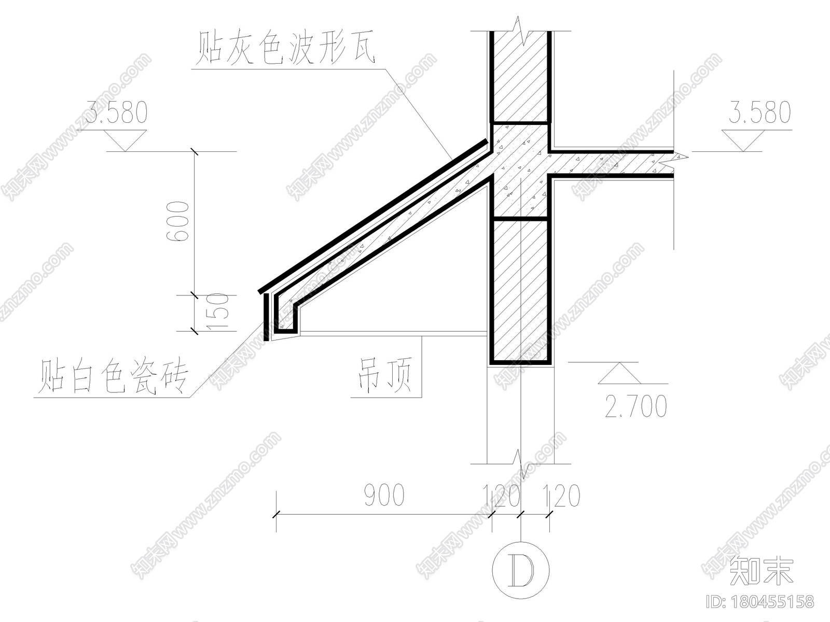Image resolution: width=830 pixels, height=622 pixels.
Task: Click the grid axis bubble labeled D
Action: click(x=521, y=570)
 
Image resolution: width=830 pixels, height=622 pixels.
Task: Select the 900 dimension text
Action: click(x=384, y=496)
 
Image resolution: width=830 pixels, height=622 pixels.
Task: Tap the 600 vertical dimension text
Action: click(x=177, y=221)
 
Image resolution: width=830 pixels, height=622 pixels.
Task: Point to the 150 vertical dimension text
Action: click(x=218, y=312)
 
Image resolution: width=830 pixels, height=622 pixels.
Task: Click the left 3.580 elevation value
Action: click(x=116, y=112)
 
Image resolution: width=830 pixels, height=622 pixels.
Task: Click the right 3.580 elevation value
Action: click(x=759, y=112)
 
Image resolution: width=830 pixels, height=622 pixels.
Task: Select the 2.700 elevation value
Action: click(x=636, y=406)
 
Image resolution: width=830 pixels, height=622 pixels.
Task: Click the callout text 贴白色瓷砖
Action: click(x=113, y=376)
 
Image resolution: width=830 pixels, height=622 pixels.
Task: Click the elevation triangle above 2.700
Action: click(x=619, y=373)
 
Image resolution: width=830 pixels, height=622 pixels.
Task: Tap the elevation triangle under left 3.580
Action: click(x=125, y=140)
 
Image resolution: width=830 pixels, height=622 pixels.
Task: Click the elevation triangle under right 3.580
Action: click(x=743, y=140)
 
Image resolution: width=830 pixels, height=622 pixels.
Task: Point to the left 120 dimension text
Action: click(x=502, y=496)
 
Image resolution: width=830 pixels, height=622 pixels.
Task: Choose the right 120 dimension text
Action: click(x=561, y=496)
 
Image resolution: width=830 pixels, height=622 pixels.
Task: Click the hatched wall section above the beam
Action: click(x=520, y=76)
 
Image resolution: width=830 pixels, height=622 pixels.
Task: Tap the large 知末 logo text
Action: click(x=761, y=571)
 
